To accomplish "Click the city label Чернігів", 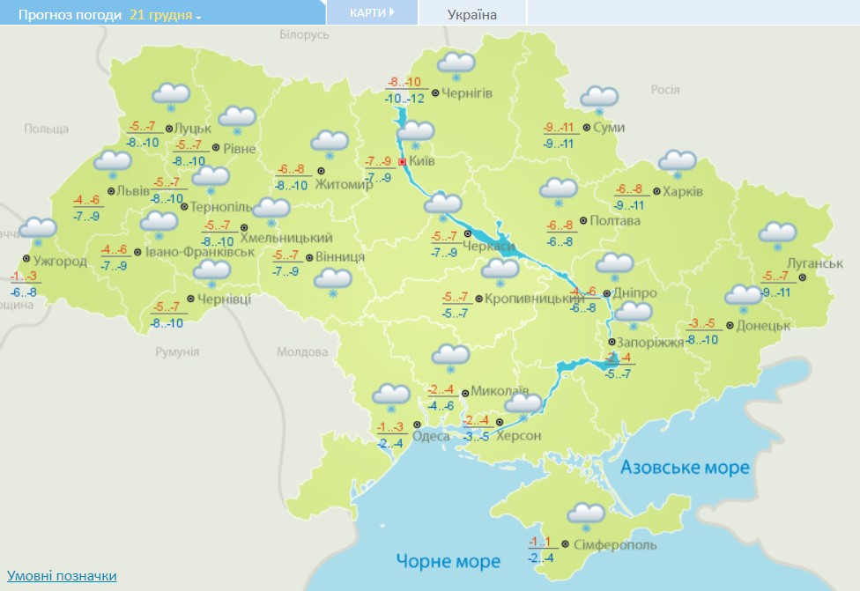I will (467, 93).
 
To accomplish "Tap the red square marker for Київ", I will (402, 162).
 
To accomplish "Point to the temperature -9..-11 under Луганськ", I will (779, 292).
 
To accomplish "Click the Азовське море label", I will (685, 467).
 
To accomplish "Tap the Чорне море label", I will (448, 560).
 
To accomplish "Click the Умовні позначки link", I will (62, 576).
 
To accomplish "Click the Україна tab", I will (472, 14).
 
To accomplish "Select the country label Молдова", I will (302, 351).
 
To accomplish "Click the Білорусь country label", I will (303, 34).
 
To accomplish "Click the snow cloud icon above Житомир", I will (330, 143).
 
